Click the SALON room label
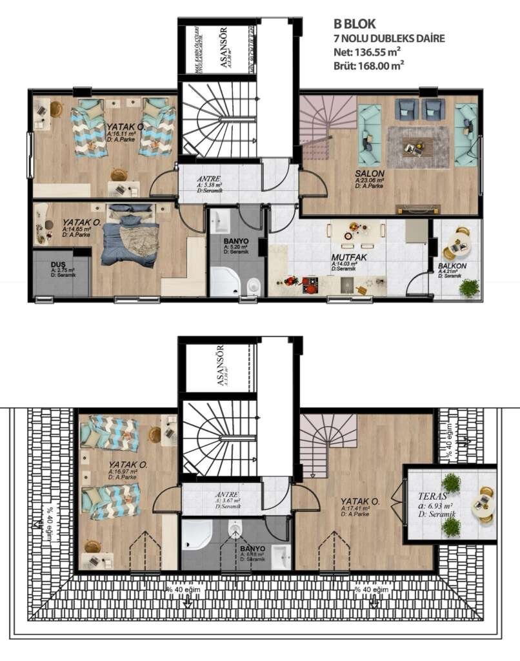[370, 174]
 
